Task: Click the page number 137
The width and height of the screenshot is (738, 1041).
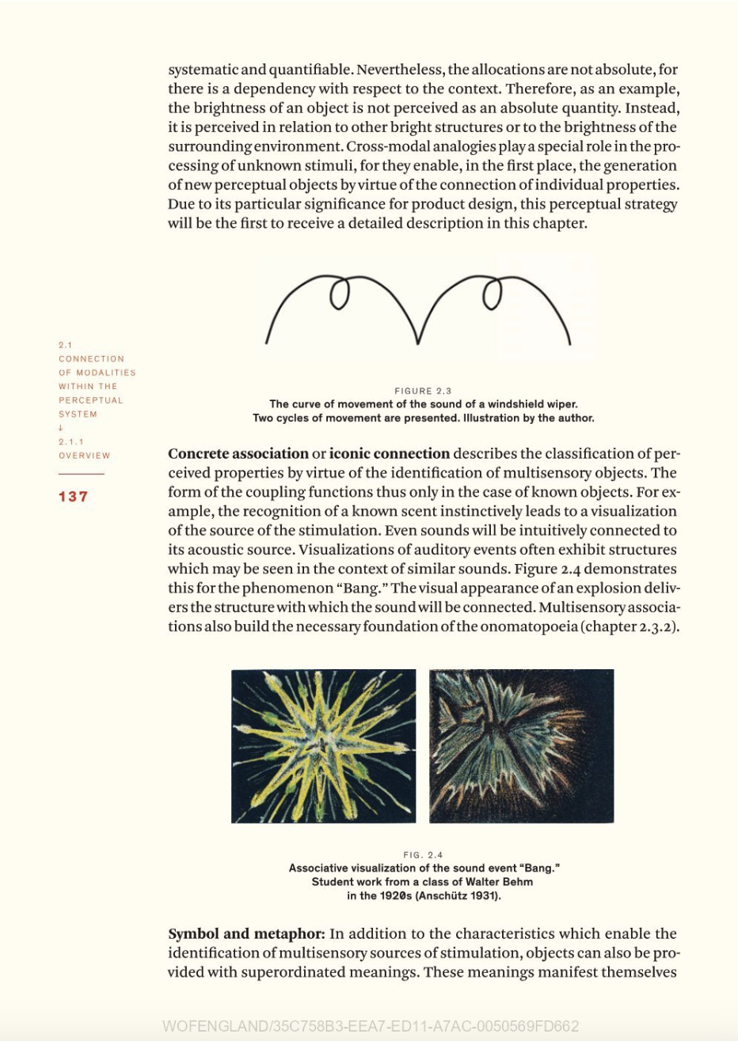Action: click(74, 497)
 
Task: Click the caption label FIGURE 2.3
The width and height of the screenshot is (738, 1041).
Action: click(423, 391)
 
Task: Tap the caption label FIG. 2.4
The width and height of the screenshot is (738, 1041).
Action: click(423, 854)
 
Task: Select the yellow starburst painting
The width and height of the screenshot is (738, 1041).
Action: click(323, 746)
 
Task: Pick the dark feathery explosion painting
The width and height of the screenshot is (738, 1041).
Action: click(521, 746)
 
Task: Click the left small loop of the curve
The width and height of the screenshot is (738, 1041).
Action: click(339, 294)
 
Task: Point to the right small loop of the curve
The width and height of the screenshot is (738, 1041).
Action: click(493, 294)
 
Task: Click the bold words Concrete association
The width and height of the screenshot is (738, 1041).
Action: click(238, 454)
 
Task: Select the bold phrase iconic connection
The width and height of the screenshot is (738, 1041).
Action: click(389, 454)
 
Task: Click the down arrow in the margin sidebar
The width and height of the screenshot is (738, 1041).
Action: click(61, 428)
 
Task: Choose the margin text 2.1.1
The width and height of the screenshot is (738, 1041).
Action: click(71, 441)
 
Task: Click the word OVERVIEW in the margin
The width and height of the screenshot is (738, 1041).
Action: click(84, 456)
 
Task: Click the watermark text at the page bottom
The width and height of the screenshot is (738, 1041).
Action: click(371, 1026)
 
